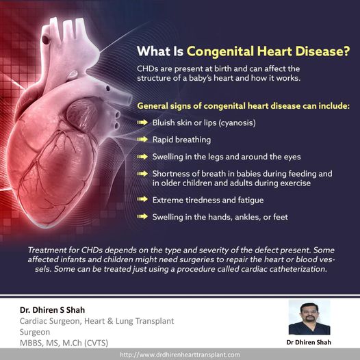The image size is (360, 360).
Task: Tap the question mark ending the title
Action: [346, 51]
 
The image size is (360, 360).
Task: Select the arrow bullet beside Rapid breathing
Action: [142, 140]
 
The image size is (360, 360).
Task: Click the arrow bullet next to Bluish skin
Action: [142, 123]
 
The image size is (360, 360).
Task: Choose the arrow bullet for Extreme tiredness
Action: [142, 199]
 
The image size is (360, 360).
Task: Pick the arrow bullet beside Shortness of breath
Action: [142, 174]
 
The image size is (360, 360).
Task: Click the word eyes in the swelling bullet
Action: [292, 157]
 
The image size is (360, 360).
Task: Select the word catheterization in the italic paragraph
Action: [298, 269]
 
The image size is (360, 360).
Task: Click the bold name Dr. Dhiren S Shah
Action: [52, 310]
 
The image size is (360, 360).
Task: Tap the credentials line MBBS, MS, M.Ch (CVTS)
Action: [64, 343]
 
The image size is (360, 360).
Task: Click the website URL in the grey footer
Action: [180, 355]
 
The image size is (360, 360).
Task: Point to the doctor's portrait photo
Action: [309, 318]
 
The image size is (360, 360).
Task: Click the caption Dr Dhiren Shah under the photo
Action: [309, 342]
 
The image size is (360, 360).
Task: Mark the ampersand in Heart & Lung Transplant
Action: [110, 321]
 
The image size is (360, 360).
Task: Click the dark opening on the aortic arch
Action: [45, 40]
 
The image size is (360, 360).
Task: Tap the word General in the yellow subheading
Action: [153, 106]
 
